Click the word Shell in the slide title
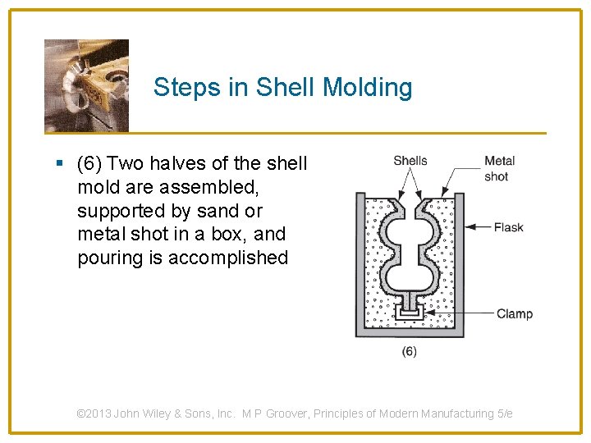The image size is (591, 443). (285, 87)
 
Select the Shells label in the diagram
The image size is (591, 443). (410, 161)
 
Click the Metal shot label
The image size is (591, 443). (499, 168)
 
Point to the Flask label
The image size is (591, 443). (508, 227)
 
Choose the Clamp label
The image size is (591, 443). (514, 313)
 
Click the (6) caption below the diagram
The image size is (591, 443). (409, 351)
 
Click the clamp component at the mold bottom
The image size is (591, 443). (408, 312)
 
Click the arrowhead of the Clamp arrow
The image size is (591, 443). (427, 313)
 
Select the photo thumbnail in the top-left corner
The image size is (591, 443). (86, 85)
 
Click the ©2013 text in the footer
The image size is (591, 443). (93, 413)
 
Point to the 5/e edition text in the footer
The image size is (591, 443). (505, 413)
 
